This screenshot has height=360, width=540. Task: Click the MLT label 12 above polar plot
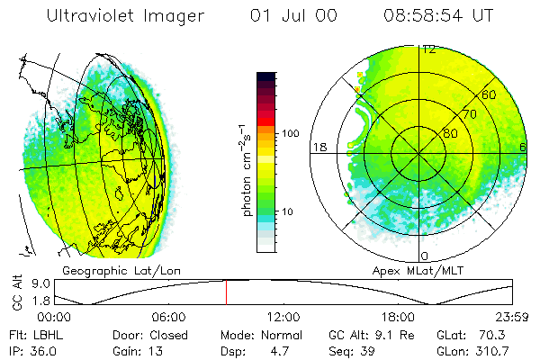point(429,49)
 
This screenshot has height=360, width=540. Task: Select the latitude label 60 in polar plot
point(490,94)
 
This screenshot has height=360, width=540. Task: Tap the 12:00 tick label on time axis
point(283,317)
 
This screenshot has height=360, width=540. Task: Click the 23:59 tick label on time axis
point(513,317)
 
